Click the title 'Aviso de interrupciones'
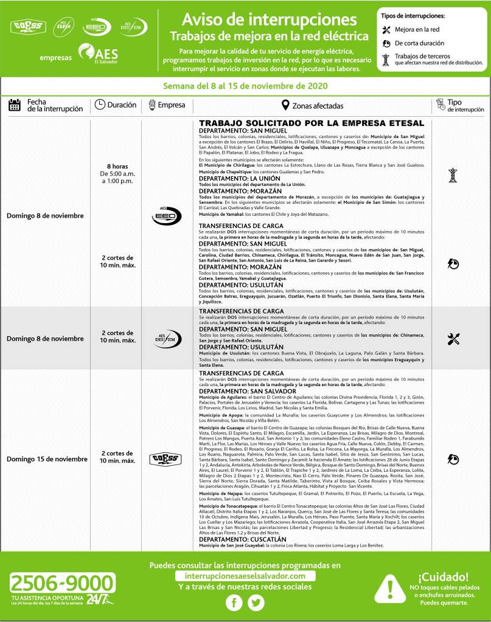click(269, 19)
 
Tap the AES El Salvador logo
click(98, 55)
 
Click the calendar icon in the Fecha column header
click(15, 105)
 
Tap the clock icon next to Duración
click(100, 105)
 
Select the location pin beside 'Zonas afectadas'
click(285, 105)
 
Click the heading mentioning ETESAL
click(311, 123)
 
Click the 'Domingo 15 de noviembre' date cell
click(47, 458)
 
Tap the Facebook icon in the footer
click(234, 603)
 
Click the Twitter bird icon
click(257, 603)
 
